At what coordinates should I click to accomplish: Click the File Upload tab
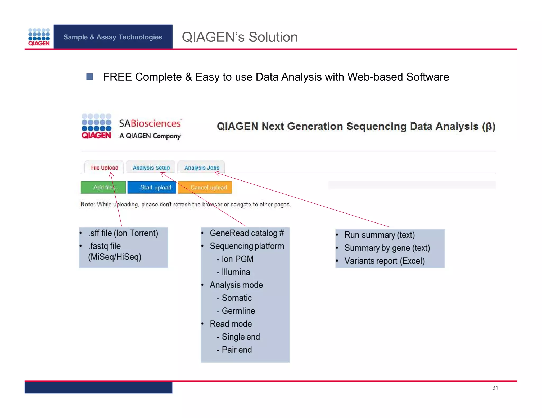[x=104, y=168]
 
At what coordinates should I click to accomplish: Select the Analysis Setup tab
[x=151, y=168]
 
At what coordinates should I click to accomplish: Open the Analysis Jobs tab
[x=202, y=168]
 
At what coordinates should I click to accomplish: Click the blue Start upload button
[x=152, y=187]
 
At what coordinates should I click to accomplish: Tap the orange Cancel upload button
[x=205, y=187]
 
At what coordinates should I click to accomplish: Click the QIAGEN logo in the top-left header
[x=39, y=37]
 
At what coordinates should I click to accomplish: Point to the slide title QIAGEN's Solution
[x=240, y=37]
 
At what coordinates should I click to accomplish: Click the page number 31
[x=495, y=388]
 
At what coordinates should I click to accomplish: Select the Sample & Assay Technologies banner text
[x=113, y=37]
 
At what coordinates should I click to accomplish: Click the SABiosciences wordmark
[x=150, y=123]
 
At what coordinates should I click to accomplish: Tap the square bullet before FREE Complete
[x=90, y=77]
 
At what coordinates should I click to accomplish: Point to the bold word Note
[x=87, y=204]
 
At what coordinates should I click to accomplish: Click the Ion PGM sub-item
[x=237, y=259]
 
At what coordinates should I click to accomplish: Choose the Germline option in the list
[x=238, y=311]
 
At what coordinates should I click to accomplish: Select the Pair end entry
[x=237, y=350]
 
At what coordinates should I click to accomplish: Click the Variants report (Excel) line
[x=384, y=261]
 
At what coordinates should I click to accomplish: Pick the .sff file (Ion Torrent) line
[x=123, y=233]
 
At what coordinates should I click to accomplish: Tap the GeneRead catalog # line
[x=247, y=233]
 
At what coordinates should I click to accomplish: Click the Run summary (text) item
[x=379, y=235]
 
